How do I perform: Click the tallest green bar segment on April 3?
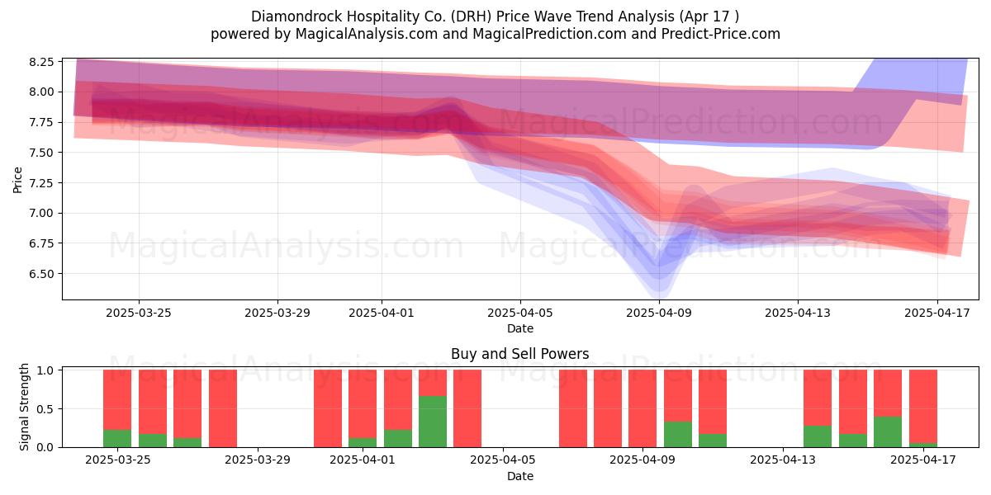(433, 422)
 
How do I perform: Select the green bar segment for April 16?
(888, 431)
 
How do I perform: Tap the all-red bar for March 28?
(223, 408)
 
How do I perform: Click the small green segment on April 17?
(923, 445)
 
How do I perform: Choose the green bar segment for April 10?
(678, 435)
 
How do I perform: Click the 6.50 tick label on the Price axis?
(41, 274)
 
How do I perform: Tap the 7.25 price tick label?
(41, 183)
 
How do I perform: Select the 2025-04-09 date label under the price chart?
(659, 313)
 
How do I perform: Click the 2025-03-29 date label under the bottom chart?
(258, 460)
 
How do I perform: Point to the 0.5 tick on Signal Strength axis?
(45, 409)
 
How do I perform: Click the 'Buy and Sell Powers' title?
(519, 354)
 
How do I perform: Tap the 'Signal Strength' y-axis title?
(24, 407)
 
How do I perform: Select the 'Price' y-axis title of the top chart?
(17, 180)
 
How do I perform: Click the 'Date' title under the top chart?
(519, 328)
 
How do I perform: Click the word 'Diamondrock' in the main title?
(296, 16)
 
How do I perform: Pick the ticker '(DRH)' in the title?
(470, 16)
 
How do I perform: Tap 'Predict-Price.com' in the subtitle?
(721, 34)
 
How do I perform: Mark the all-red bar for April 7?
(572, 408)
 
